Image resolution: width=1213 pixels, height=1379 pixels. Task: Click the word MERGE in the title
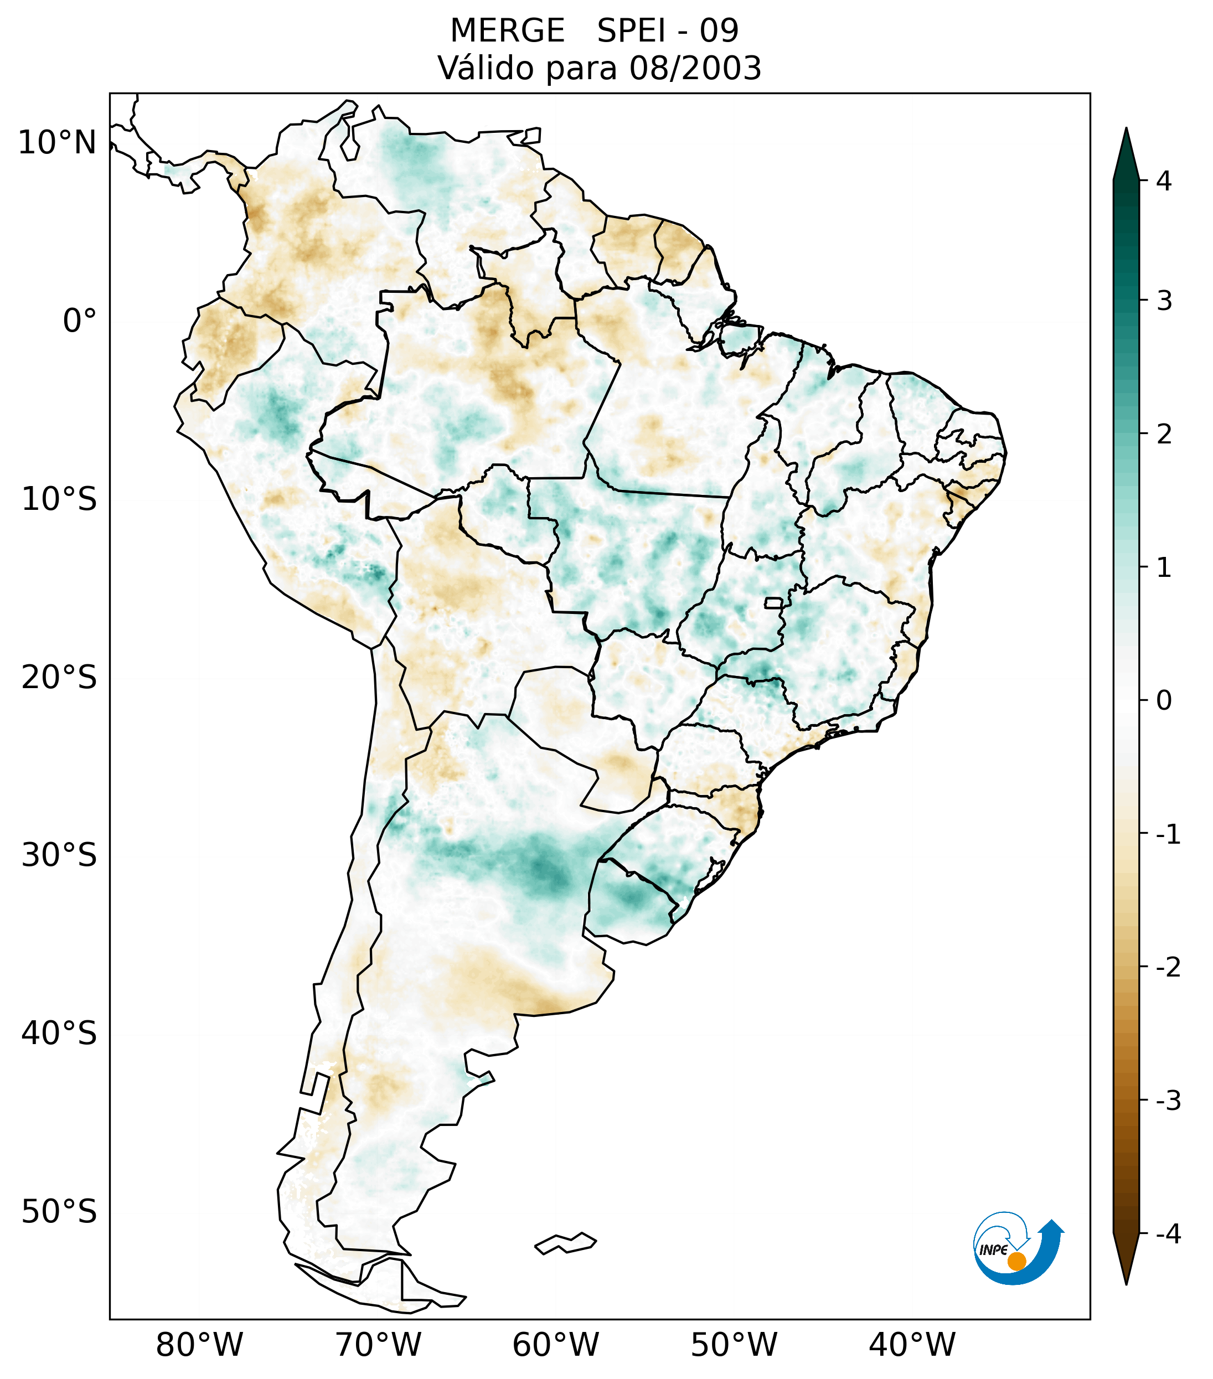pyautogui.click(x=507, y=31)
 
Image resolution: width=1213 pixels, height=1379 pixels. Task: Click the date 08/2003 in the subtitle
pyautogui.click(x=695, y=68)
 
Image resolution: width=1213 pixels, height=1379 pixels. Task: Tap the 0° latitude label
pyautogui.click(x=80, y=321)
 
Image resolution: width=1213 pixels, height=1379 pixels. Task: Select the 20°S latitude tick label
pyautogui.click(x=59, y=678)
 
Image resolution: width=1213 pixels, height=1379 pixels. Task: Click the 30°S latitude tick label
pyautogui.click(x=59, y=855)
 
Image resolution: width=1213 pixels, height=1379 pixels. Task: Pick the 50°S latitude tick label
pyautogui.click(x=59, y=1212)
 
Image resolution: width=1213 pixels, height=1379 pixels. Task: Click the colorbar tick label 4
pyautogui.click(x=1164, y=181)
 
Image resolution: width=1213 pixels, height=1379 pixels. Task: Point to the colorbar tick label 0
pyautogui.click(x=1164, y=701)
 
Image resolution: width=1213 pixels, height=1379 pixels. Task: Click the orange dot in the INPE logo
pyautogui.click(x=1016, y=1261)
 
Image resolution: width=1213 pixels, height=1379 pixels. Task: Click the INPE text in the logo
pyautogui.click(x=993, y=1250)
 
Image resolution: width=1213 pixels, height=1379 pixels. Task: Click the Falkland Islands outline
pyautogui.click(x=565, y=1243)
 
